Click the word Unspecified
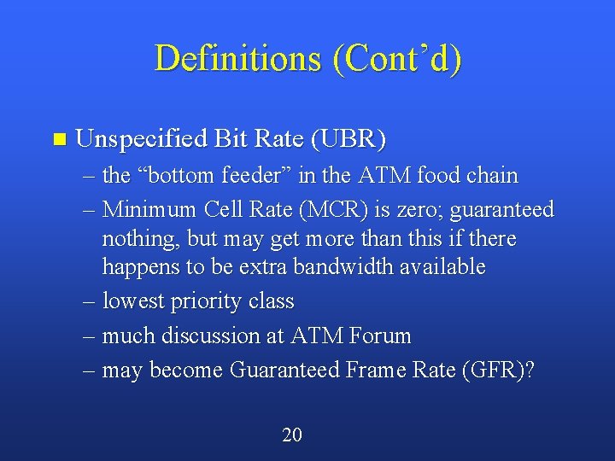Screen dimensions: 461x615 [x=140, y=138]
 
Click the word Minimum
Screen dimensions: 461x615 [x=149, y=209]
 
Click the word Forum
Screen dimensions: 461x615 [x=380, y=336]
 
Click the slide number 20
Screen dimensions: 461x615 [x=292, y=435]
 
